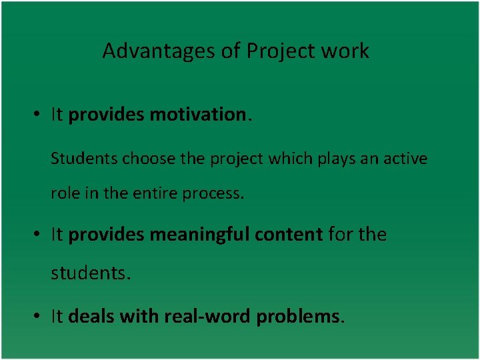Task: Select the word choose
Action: pos(136,159)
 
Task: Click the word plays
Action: pos(323,159)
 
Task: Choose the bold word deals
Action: pos(91,317)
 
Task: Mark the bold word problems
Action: pos(298,317)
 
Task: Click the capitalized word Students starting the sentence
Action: pos(75,159)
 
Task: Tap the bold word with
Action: pos(137,317)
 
